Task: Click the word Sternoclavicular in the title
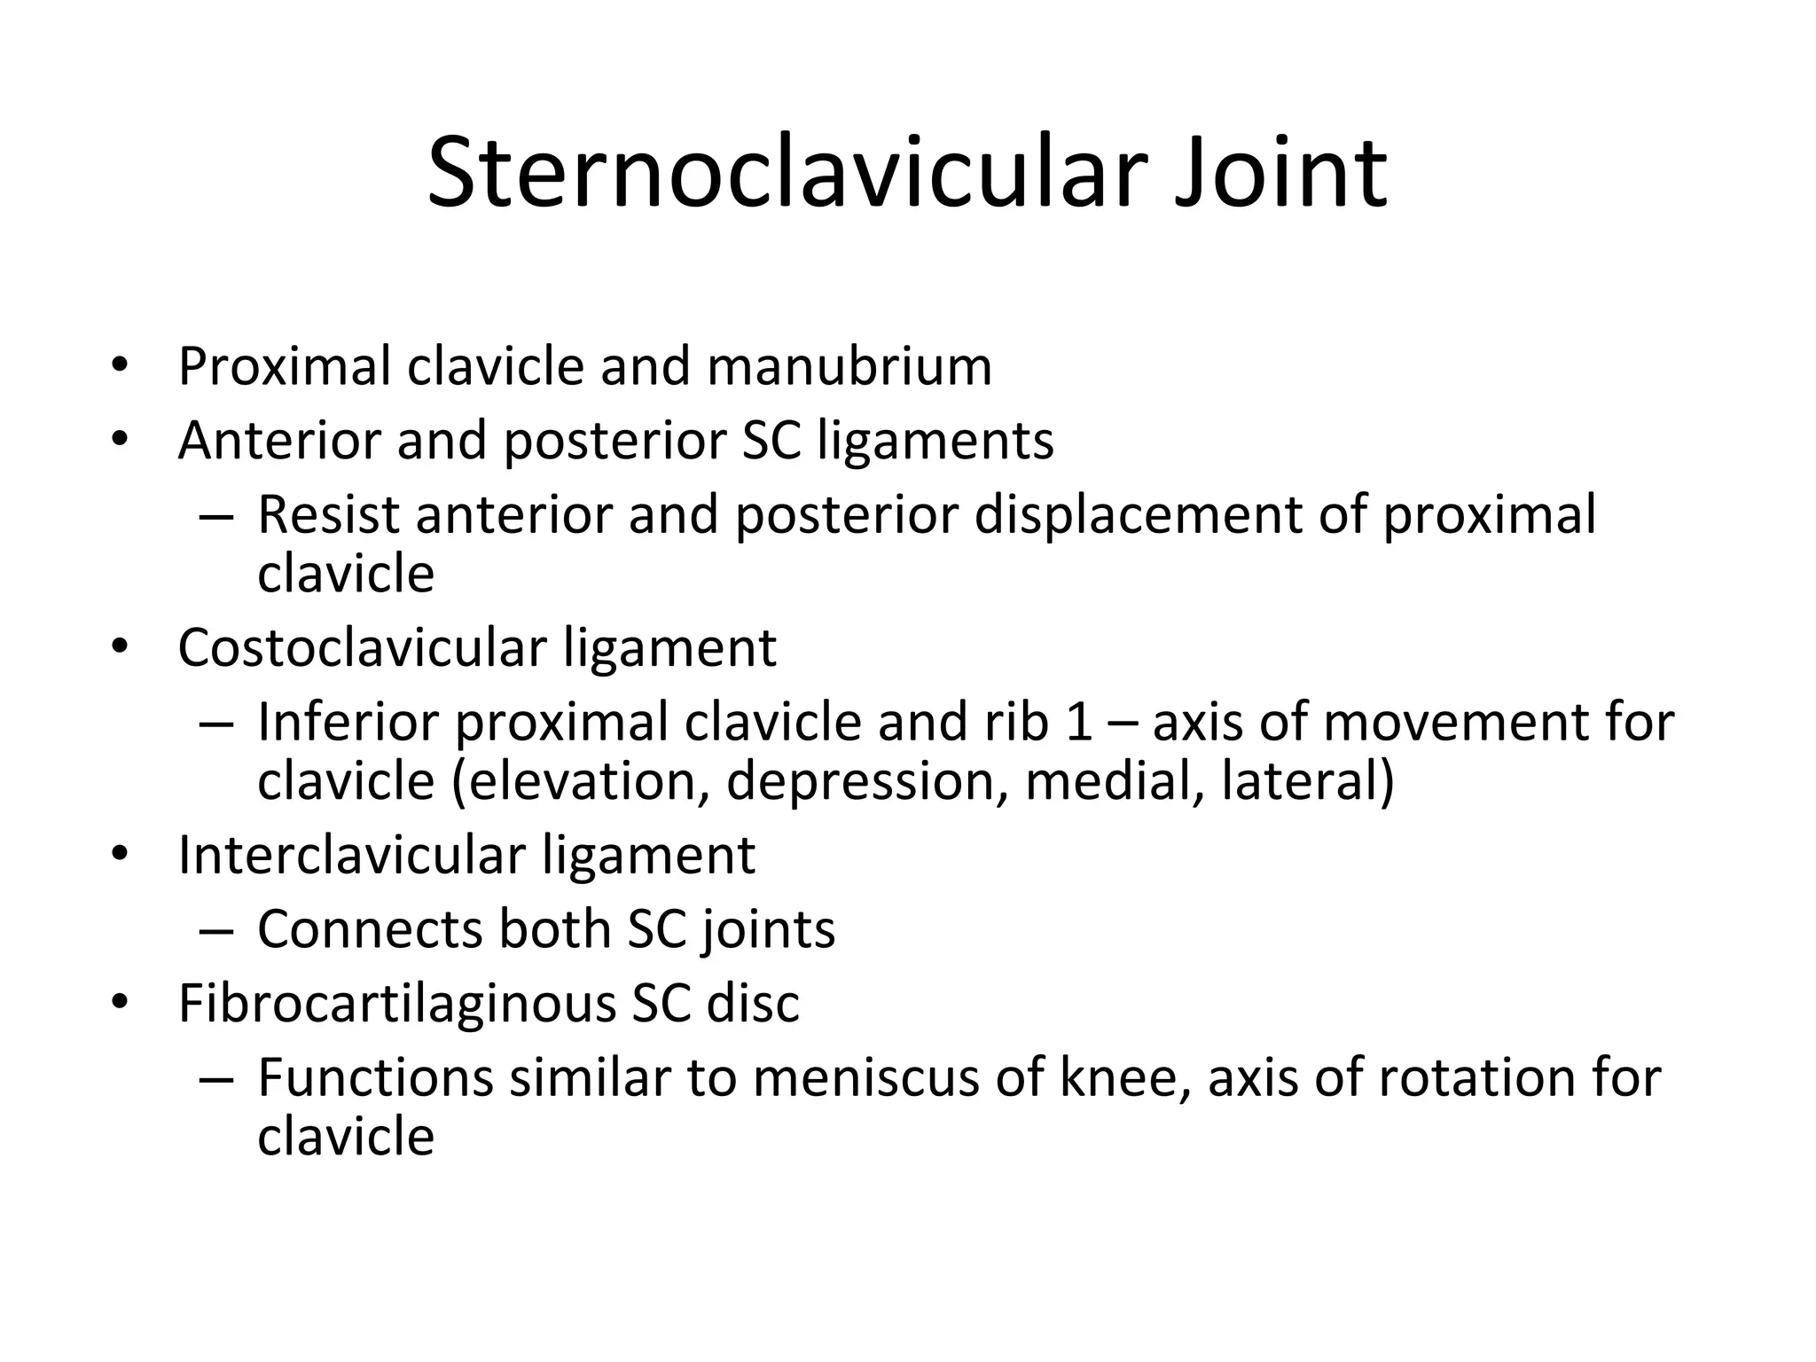pos(781,172)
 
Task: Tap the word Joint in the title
pos(1280,172)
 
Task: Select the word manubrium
pos(849,365)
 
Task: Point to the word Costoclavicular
pos(362,647)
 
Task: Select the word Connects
pos(370,929)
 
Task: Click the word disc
pos(753,1003)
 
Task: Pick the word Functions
pos(375,1077)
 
